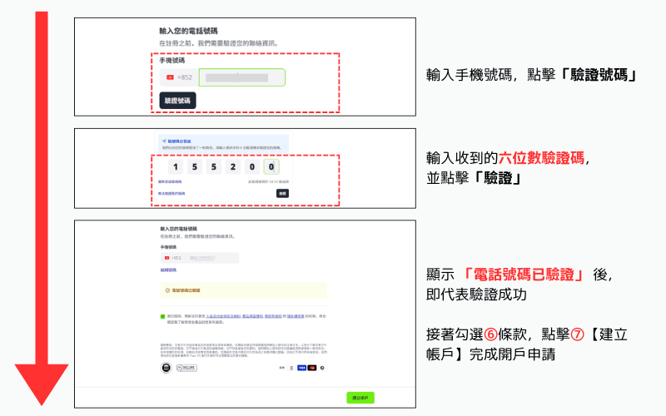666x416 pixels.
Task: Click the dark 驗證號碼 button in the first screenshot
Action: coord(177,101)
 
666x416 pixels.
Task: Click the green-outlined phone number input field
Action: coord(241,78)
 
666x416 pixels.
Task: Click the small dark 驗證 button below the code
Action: coord(282,193)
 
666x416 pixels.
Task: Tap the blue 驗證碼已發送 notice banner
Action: coord(221,145)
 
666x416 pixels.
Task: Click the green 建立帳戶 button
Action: coord(360,398)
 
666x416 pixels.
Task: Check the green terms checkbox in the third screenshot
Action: coord(163,317)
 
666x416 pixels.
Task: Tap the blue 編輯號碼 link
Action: coord(168,270)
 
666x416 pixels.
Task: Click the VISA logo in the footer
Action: coord(301,367)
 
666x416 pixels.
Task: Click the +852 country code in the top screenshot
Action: coord(185,78)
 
